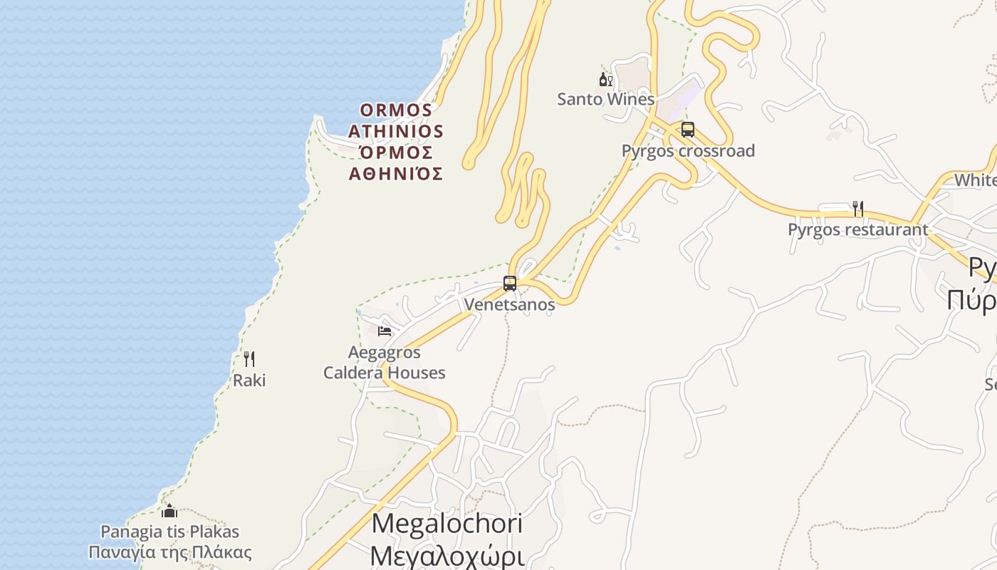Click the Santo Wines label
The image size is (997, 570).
coord(605,99)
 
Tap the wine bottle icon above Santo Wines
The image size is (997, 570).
coord(605,79)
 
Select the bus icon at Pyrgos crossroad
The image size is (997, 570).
coord(687,130)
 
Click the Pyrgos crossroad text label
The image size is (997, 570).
coord(688,151)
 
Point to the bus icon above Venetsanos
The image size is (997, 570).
coord(510,283)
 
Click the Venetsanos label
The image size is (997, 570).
coord(509,304)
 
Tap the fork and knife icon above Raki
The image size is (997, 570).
coord(249,358)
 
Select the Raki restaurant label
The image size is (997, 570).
coord(249,380)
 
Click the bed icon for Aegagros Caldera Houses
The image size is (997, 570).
coord(385,331)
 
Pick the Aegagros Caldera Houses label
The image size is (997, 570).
coord(385,363)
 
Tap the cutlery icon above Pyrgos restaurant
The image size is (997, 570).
coord(858,208)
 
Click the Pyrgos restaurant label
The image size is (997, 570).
coord(858,229)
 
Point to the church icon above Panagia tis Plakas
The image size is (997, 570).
coord(169,510)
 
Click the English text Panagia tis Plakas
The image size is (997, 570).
coord(169,532)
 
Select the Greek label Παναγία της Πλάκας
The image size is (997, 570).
coord(170,552)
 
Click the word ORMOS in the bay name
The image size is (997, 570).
coord(396,110)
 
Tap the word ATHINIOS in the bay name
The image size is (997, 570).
coord(396,132)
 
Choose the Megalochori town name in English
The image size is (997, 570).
coord(447,524)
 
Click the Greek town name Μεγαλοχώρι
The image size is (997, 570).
coord(447,556)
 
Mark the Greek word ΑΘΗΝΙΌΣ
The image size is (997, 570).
coord(396,174)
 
